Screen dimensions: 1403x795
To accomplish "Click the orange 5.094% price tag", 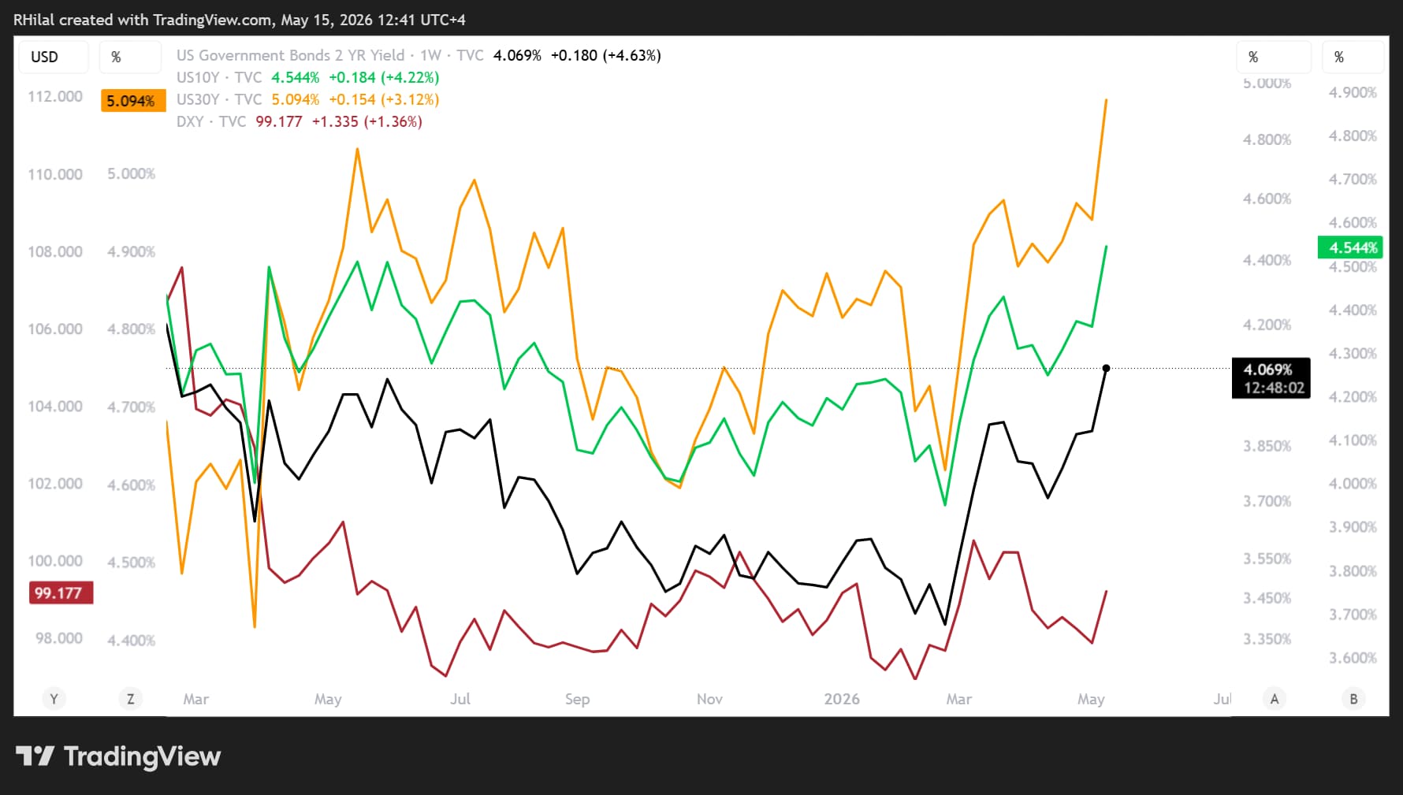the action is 133,101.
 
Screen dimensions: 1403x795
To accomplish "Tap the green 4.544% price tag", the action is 1350,247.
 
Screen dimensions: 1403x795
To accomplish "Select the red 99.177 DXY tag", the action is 61,593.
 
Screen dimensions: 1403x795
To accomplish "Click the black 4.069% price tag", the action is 1271,378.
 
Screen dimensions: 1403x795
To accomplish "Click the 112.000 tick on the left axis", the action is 55,96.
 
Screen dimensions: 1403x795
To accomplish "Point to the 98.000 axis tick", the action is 58,637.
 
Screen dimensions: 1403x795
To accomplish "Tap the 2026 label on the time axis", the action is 842,699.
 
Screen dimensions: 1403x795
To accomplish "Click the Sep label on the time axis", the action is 577,699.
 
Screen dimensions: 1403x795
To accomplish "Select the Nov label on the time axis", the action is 709,699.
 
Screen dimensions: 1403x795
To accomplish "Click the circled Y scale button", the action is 54,699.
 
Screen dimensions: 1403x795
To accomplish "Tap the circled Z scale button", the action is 131,699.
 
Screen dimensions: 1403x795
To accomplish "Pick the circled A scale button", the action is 1275,699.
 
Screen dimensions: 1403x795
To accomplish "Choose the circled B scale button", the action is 1353,699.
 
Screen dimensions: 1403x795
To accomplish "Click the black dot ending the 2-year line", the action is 1106,368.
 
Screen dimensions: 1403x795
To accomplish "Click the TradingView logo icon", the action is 35,756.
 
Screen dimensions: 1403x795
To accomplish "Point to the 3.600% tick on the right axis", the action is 1353,658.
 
